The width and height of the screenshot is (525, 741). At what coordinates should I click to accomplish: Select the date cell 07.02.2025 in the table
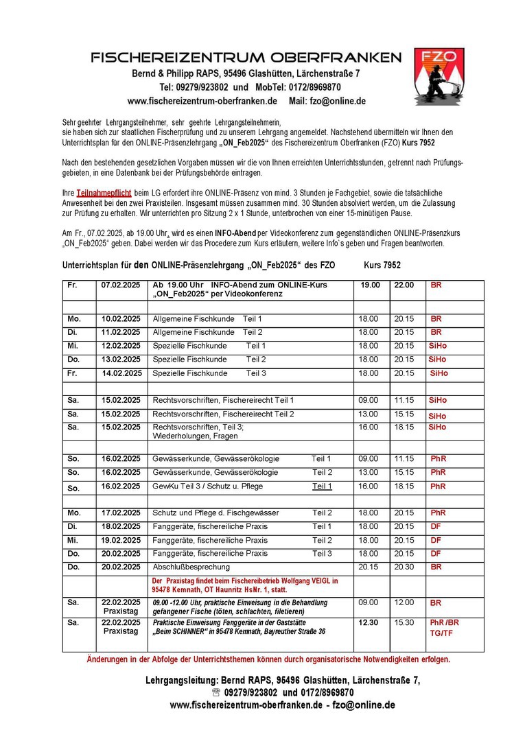121,285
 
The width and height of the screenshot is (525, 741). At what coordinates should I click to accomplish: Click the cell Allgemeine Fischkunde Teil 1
207,319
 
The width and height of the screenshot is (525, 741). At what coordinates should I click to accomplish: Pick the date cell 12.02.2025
121,346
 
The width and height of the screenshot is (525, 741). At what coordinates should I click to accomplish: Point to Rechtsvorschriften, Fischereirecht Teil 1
223,400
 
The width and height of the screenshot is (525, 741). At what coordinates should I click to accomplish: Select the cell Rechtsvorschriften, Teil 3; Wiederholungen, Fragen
198,431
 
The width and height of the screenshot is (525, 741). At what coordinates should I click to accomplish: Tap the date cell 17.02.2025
121,513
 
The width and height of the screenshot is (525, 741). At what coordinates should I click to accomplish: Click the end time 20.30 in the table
404,567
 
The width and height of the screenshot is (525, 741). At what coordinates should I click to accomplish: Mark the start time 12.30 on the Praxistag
368,622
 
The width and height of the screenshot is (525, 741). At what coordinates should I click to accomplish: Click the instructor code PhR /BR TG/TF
444,628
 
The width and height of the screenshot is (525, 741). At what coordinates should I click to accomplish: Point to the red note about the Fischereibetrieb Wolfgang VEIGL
245,585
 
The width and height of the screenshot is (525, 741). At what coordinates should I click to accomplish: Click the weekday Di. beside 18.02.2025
73,526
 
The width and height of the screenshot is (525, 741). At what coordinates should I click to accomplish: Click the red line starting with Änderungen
268,659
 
